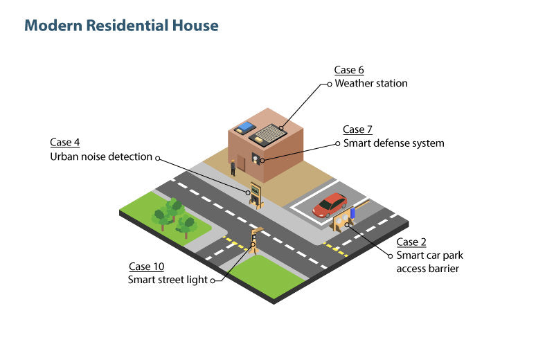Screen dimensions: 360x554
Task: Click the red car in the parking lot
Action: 330,205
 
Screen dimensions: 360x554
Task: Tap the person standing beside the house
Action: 233,166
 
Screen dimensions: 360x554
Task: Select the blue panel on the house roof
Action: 244,127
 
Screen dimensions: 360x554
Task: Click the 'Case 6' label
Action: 348,70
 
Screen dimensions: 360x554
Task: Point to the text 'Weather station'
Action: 371,83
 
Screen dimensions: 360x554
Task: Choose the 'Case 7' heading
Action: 358,129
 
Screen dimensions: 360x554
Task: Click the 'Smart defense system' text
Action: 394,143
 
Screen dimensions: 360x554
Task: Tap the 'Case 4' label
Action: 64,142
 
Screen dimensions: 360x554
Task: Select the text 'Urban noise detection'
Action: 101,156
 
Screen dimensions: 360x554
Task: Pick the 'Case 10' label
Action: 147,267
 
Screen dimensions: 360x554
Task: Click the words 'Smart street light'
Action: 168,280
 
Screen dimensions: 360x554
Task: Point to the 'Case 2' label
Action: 411,242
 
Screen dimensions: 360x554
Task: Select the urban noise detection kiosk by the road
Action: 256,195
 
